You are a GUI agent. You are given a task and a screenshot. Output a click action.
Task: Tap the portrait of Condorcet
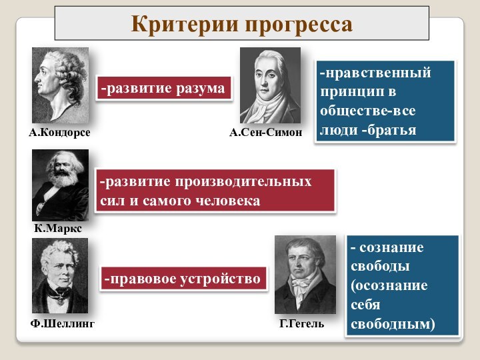coord(60,85)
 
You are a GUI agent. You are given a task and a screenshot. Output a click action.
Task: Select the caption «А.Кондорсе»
coord(59,133)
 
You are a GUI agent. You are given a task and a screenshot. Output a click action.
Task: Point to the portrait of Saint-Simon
coord(270,85)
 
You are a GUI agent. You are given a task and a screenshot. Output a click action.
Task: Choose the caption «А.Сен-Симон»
coord(266,133)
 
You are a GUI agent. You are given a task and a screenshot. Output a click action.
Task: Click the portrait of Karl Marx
coord(60,185)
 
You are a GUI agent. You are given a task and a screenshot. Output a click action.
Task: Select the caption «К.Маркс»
coord(58,228)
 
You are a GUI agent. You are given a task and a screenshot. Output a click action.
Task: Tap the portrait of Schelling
coord(60,275)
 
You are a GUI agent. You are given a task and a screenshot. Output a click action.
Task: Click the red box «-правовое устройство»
coord(181,279)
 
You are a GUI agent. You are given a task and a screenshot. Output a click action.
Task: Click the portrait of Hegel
coord(305,274)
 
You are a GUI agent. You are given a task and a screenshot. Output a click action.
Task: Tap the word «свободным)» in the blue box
coord(392,324)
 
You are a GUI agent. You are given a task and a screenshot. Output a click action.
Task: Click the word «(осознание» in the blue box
coord(389,285)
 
